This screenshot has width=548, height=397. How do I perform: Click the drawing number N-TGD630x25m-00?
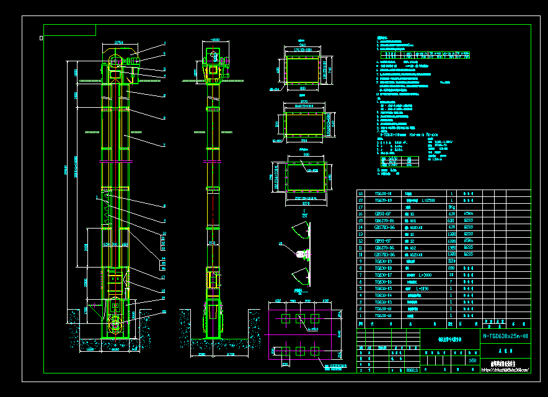pos(505,336)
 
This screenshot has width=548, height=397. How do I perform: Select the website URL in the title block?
pos(505,370)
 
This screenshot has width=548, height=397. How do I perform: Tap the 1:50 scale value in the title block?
pos(473,360)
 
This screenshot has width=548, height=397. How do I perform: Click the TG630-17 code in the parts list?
pos(383,274)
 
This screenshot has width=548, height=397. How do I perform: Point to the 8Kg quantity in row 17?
pos(451,207)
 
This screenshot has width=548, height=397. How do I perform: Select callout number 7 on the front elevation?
pos(165,145)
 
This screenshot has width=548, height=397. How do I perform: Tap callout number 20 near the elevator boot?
pos(164,312)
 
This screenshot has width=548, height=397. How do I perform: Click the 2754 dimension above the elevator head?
pos(119,42)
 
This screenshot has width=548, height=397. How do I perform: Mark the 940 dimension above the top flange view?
pos(302,45)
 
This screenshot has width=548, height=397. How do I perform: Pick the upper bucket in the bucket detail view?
pos(301,233)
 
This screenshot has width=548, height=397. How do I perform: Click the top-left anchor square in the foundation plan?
pos(285,318)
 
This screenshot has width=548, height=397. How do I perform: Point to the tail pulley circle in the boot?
pos(115,324)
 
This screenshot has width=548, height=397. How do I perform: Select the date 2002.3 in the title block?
pos(412,370)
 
